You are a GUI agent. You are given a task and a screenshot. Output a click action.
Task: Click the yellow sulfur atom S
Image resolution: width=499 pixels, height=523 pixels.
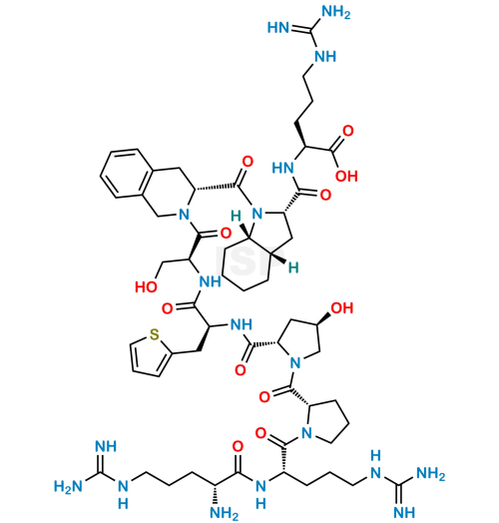click(154, 334)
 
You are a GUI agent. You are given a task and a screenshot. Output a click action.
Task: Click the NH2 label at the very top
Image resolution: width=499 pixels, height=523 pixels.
click(335, 13)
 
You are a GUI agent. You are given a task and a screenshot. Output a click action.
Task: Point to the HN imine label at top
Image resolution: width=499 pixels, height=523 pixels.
click(278, 28)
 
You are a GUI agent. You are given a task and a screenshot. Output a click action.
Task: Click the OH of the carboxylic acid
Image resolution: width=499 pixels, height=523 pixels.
click(346, 176)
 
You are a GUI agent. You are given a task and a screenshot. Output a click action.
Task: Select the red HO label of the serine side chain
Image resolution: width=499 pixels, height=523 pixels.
click(146, 286)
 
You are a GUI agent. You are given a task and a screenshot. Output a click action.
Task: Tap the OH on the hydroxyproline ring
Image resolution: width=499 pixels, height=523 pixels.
click(342, 307)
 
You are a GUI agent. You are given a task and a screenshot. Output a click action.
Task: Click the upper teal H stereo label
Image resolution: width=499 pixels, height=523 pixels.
click(236, 217)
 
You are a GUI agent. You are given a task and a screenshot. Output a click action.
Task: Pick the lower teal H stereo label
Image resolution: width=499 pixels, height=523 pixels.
click(293, 267)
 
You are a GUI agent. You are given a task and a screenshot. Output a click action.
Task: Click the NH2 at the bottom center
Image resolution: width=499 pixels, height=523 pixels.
click(225, 513)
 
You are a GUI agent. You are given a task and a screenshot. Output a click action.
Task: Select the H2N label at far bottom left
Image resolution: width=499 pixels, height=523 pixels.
click(68, 486)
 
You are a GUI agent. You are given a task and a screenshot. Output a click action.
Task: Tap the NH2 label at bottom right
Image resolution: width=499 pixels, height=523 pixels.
click(431, 474)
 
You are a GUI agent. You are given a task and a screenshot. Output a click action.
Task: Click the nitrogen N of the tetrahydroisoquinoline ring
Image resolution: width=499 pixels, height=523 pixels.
click(184, 215)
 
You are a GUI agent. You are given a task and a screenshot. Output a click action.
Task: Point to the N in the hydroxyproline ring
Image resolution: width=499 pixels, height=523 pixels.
click(295, 362)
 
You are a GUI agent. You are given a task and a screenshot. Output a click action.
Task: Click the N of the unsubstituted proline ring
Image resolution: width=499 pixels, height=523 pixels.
click(306, 433)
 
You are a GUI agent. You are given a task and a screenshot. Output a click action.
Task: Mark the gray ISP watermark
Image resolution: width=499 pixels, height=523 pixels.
click(250, 261)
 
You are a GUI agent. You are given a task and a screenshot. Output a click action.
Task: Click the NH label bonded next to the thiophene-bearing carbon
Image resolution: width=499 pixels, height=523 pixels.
click(242, 323)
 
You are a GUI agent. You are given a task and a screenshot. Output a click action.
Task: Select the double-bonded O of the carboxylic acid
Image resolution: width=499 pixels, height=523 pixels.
click(348, 131)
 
